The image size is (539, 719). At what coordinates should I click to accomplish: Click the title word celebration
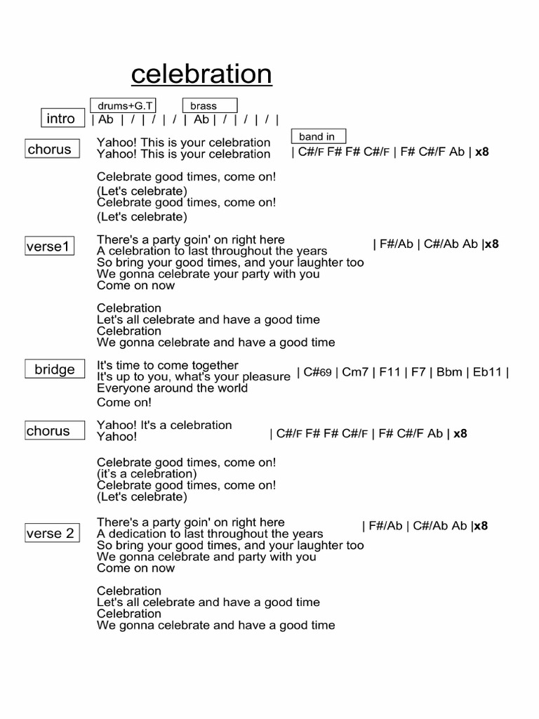(201, 73)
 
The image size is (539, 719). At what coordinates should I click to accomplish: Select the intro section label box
(61, 119)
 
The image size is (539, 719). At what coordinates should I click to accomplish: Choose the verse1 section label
(49, 246)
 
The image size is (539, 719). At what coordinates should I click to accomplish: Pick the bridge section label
(55, 370)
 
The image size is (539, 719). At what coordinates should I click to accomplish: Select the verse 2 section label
(50, 534)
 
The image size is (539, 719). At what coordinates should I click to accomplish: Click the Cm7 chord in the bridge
(355, 372)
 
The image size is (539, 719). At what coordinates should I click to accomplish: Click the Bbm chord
(450, 372)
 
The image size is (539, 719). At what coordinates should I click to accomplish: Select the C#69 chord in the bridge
(317, 372)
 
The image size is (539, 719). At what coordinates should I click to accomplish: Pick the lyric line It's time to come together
(168, 365)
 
